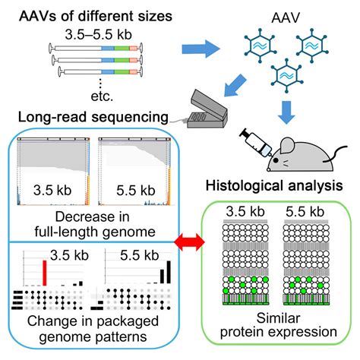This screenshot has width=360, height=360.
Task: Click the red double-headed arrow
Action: (x=189, y=242)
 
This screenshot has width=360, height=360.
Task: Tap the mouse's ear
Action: (x=287, y=146)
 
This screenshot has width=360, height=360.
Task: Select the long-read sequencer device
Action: (x=207, y=109)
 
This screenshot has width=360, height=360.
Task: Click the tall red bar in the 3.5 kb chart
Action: (x=45, y=273)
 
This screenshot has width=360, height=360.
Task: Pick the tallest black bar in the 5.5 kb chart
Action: (x=169, y=272)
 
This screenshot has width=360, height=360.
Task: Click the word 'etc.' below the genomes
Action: (x=102, y=96)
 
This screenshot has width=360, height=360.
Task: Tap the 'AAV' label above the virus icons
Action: (x=286, y=17)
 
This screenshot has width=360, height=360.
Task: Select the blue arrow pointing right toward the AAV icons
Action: (x=201, y=49)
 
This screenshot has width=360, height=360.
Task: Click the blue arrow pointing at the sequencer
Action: (x=235, y=85)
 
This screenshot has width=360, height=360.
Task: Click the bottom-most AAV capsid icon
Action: (x=286, y=75)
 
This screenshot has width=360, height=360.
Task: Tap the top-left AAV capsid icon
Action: (x=260, y=46)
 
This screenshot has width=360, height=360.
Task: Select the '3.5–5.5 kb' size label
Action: (x=99, y=34)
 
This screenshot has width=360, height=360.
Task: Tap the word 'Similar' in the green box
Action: (x=278, y=318)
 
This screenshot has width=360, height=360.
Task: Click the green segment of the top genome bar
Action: (x=122, y=48)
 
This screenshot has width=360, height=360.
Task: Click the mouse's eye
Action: (x=276, y=160)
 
